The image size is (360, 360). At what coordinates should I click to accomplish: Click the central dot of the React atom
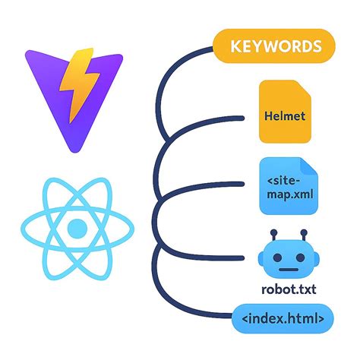[77, 227]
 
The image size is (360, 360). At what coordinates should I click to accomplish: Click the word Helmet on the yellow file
[286, 116]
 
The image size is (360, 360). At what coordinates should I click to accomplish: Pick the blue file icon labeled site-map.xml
[286, 187]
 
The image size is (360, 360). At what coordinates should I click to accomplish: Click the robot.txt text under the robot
[285, 290]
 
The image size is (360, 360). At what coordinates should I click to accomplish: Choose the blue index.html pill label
[282, 318]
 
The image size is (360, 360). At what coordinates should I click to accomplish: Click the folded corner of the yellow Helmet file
[305, 88]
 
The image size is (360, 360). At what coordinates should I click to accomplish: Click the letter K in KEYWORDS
[233, 46]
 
